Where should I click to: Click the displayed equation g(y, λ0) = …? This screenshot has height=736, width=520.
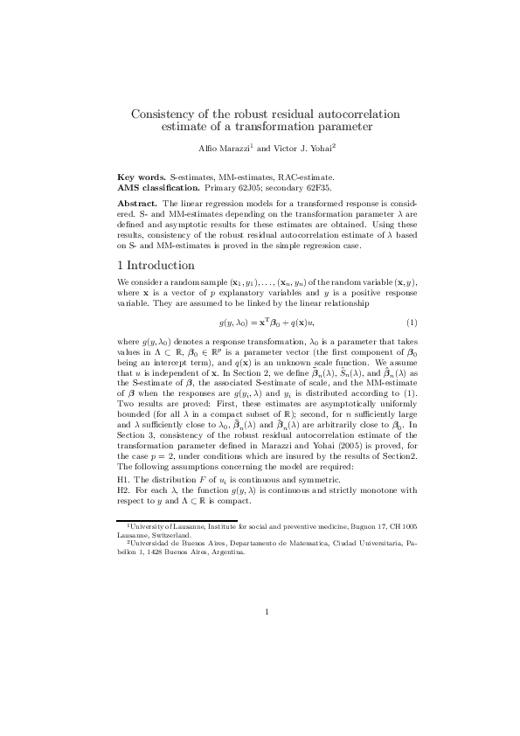pyautogui.click(x=260, y=323)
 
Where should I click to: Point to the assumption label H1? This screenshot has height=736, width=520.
pyautogui.click(x=123, y=480)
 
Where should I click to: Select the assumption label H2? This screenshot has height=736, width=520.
pyautogui.click(x=123, y=490)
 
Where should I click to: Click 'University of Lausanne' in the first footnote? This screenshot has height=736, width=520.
pyautogui.click(x=163, y=528)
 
